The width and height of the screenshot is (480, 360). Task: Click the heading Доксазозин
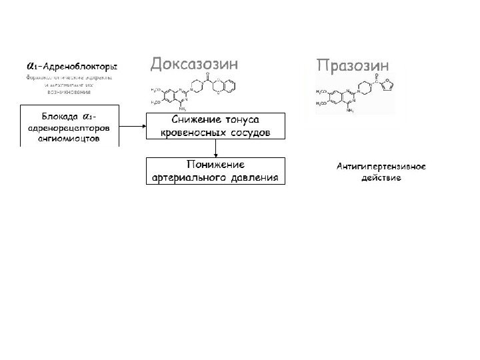click(193, 64)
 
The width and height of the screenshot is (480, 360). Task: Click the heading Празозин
click(351, 66)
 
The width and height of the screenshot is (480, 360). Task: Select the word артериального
click(184, 177)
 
